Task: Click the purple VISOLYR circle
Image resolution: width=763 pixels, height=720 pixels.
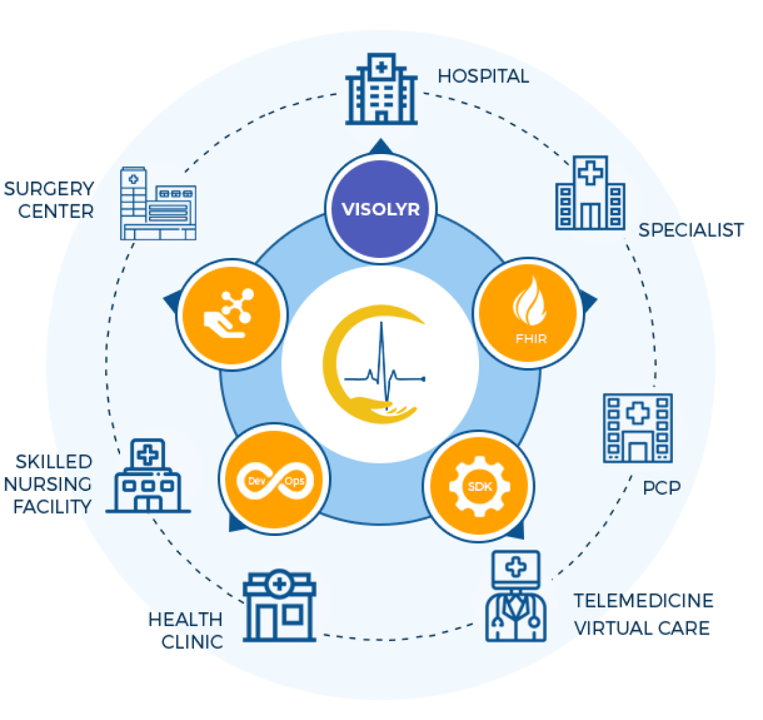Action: click(381, 210)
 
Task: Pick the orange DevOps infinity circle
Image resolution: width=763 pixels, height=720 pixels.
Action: click(274, 481)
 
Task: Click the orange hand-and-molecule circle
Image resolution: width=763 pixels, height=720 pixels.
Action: click(232, 314)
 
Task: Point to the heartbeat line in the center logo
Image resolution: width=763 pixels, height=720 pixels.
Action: click(385, 375)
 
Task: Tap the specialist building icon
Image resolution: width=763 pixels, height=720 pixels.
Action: click(590, 194)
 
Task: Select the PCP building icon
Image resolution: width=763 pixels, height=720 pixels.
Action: click(637, 428)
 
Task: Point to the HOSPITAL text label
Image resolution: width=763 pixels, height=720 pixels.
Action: click(483, 76)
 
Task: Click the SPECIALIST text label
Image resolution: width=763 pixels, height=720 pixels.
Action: click(691, 230)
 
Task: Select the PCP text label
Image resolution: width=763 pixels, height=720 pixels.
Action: click(662, 488)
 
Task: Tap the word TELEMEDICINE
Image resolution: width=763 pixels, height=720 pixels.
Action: click(644, 601)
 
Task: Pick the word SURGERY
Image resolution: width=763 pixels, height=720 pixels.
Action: click(48, 189)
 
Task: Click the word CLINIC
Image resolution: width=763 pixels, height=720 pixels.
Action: click(192, 641)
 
